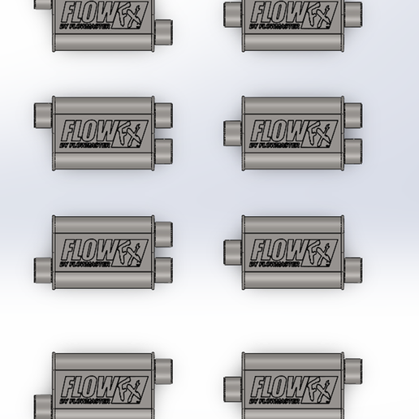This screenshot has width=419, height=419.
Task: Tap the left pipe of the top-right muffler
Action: tap(232, 11)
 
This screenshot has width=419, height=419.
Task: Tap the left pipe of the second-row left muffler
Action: tap(43, 114)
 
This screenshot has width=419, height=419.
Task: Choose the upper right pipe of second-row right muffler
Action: tap(355, 112)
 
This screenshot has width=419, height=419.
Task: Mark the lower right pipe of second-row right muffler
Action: tap(355, 149)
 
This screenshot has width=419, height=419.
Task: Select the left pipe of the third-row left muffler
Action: tap(43, 269)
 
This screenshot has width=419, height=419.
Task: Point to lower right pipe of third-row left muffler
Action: tap(166, 269)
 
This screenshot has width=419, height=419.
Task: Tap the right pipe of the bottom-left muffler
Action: tap(166, 369)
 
